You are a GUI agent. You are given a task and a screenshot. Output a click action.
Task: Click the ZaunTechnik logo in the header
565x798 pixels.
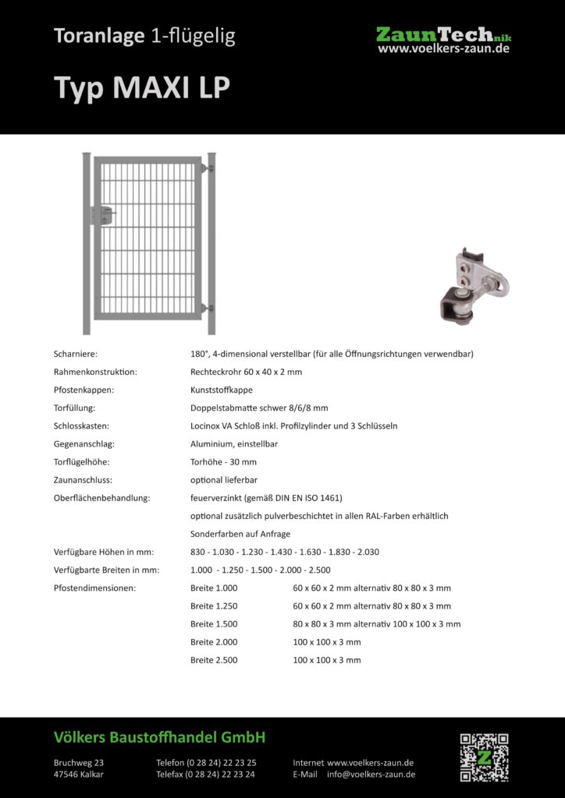point(443,35)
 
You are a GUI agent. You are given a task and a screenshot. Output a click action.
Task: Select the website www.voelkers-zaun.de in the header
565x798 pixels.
point(443,48)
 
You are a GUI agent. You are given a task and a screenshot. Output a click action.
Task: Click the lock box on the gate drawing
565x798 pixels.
point(103,216)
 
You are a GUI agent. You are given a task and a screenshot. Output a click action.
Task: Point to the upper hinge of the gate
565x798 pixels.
point(206,168)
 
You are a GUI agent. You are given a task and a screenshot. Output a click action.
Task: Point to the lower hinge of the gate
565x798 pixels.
point(206,308)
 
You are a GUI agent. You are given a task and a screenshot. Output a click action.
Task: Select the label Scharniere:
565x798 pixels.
point(76,354)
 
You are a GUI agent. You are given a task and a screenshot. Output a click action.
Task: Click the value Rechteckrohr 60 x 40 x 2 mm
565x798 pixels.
point(246,372)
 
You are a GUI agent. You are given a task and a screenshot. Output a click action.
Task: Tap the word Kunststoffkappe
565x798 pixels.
point(221,390)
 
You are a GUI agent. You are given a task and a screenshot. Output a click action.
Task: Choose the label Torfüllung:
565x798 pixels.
point(75,408)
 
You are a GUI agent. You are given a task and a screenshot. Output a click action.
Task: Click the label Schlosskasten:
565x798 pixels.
point(81,425)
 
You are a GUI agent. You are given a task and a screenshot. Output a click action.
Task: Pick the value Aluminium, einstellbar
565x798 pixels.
point(234,443)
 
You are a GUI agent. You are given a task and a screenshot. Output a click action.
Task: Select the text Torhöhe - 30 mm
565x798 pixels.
point(223,461)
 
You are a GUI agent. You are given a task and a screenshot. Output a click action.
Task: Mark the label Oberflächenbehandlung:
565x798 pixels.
point(101,497)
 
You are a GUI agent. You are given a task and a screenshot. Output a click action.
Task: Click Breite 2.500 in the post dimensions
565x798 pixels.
point(214,660)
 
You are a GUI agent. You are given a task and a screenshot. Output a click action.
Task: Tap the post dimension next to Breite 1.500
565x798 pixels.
point(376,624)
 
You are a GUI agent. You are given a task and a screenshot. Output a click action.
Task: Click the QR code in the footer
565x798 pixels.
point(484,757)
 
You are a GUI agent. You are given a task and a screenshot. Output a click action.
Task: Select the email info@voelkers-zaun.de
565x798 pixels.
point(371,775)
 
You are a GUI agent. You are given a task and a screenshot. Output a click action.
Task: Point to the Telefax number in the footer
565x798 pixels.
point(205,775)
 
